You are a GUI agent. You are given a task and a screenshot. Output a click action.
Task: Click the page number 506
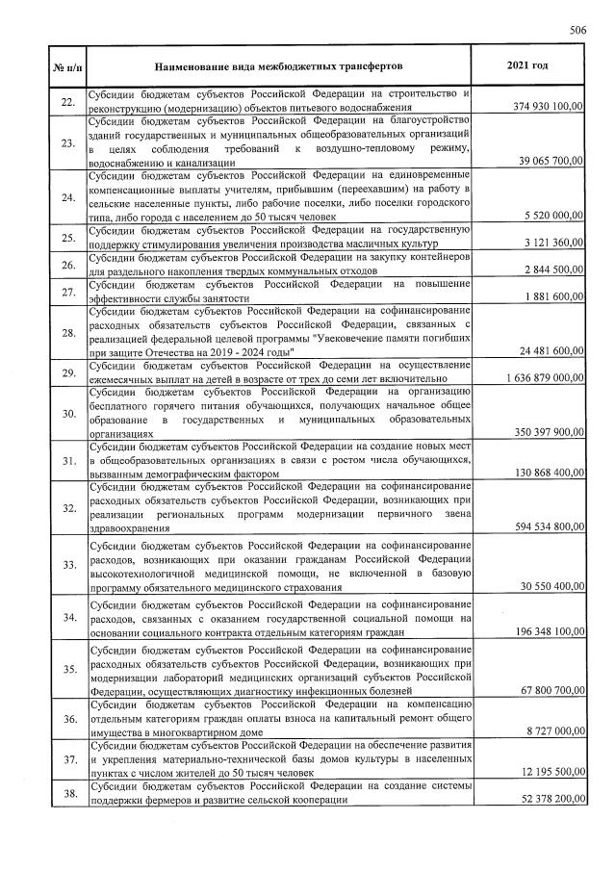[x=577, y=30]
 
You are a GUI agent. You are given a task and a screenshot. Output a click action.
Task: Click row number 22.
[x=66, y=101]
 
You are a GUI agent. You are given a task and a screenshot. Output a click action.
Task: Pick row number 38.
[x=66, y=793]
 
